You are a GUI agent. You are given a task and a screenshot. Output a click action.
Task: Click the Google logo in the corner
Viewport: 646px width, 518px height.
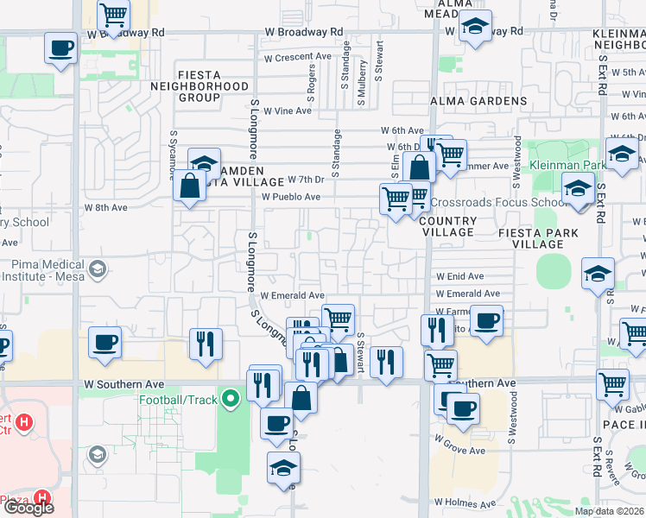tap(28, 508)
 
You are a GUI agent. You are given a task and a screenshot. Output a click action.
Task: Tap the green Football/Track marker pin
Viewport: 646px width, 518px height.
tap(230, 400)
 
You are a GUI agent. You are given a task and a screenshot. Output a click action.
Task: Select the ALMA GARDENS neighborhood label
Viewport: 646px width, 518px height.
tap(478, 101)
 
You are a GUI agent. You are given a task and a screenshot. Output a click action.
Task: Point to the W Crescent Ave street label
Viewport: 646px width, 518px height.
tap(297, 57)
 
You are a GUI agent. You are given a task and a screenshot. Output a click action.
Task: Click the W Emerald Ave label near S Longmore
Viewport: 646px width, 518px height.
tap(292, 295)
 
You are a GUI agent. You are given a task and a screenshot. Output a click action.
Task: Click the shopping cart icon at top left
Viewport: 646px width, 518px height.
tap(113, 14)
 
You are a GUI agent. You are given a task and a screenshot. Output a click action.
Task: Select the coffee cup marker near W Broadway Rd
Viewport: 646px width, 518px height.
tap(60, 47)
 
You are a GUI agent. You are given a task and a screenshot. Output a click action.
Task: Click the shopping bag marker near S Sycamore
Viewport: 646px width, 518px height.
tap(188, 186)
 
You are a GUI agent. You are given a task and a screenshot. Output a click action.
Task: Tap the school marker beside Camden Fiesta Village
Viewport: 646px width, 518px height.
tap(203, 162)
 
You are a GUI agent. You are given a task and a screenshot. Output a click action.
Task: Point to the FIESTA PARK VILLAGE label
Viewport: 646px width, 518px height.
tap(531, 238)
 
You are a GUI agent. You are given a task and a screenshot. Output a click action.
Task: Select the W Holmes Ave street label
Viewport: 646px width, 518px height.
tap(465, 502)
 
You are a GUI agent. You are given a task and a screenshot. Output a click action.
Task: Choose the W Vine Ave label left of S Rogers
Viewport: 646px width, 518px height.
tap(287, 111)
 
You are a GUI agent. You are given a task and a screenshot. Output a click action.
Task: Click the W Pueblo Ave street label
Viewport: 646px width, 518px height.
tap(291, 197)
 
